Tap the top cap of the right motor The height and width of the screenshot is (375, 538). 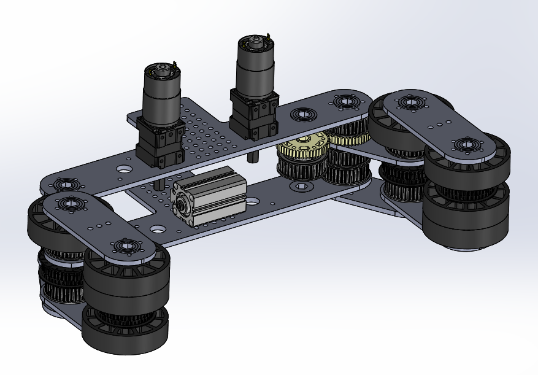click(256, 44)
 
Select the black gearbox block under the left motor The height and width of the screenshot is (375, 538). click(159, 143)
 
